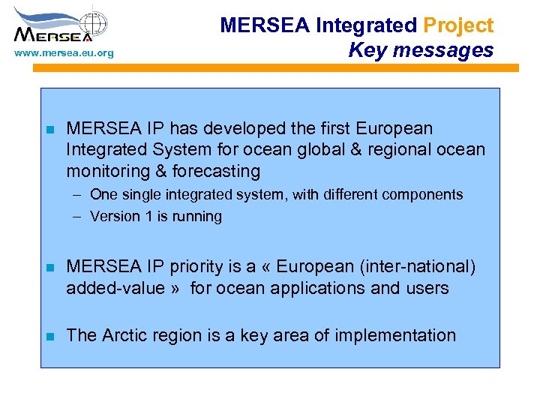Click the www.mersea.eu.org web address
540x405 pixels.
(64, 53)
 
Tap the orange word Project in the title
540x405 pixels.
(458, 25)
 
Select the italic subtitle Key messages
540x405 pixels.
(421, 50)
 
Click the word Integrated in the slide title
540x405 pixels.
(366, 25)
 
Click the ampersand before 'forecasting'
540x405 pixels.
(161, 172)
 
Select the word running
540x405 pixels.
(196, 217)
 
